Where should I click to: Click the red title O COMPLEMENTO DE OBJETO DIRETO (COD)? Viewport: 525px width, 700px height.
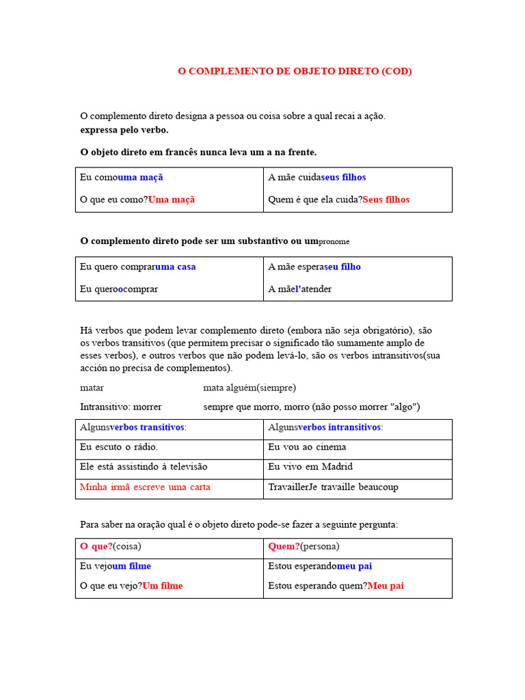(x=295, y=71)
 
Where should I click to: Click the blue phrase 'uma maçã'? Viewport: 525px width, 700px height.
(x=141, y=177)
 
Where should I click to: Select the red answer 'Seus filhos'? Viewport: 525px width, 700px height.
(x=386, y=200)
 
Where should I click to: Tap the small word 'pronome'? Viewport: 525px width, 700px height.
(x=334, y=241)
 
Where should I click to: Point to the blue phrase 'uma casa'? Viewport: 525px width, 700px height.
(x=176, y=267)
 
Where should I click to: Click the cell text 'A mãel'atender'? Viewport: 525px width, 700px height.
(x=300, y=289)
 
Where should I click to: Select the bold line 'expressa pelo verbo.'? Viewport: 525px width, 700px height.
(x=124, y=130)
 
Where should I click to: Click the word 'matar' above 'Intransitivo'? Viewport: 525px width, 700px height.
(x=92, y=388)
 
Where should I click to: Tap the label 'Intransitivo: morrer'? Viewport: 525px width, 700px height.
(x=121, y=407)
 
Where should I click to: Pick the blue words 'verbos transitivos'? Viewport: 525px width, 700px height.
(x=147, y=427)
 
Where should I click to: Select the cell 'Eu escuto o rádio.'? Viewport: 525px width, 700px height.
(x=119, y=447)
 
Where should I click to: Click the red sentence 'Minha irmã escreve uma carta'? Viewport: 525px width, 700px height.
(x=145, y=487)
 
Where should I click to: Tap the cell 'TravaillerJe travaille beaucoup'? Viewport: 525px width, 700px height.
(x=333, y=487)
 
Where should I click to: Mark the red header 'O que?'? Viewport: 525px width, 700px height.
(x=96, y=546)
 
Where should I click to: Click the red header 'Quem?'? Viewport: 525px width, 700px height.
(x=284, y=546)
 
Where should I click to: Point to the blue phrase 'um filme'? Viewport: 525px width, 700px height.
(x=131, y=566)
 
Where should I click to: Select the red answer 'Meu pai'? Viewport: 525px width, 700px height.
(x=386, y=586)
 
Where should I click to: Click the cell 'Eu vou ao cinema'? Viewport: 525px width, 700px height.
(x=307, y=447)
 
